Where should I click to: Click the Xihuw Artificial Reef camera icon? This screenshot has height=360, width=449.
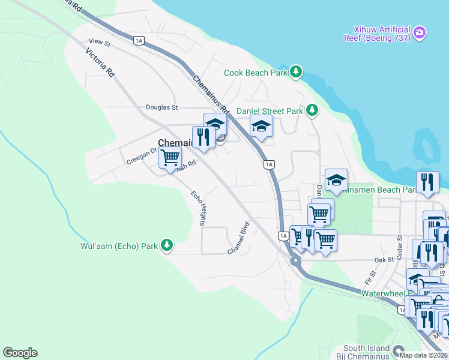tap(420, 31)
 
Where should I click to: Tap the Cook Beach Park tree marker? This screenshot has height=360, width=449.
tap(295, 72)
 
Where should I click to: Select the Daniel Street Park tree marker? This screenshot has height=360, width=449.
tap(312, 110)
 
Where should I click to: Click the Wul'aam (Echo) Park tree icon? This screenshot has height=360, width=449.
tap(167, 245)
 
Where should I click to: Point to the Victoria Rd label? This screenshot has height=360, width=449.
tap(100, 63)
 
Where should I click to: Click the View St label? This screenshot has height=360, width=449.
tap(100, 42)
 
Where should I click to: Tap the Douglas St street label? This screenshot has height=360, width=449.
tap(162, 108)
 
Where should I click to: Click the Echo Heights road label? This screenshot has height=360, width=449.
tap(199, 208)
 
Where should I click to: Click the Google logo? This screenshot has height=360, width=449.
tap(20, 353)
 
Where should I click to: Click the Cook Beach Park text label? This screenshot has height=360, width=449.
tap(256, 73)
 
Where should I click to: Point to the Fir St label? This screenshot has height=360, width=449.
tap(369, 278)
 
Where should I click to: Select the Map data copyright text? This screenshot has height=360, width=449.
tap(423, 355)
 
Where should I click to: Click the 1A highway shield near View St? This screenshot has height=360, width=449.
tap(139, 41)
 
